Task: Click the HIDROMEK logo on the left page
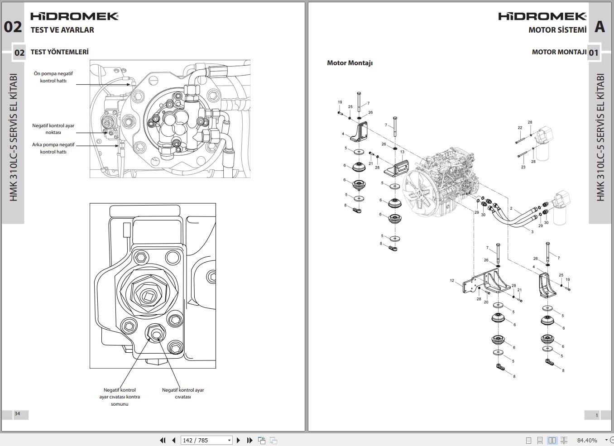point(74,16)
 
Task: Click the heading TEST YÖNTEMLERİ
point(59,52)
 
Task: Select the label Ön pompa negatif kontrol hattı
point(53,77)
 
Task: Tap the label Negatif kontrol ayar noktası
point(53,129)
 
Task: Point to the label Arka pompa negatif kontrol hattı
point(53,148)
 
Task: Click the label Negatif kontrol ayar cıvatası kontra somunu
point(120,397)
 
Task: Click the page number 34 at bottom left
point(17,413)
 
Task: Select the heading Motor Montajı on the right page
point(350,63)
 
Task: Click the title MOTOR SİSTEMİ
point(557,30)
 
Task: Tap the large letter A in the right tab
point(600,27)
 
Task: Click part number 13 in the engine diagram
point(402,152)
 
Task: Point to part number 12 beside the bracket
point(452,281)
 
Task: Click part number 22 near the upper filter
point(520,128)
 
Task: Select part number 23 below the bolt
point(523,167)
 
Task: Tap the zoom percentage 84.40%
point(587,440)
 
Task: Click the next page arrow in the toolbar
point(239,440)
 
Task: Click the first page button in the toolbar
point(163,440)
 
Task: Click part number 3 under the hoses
point(532,232)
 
